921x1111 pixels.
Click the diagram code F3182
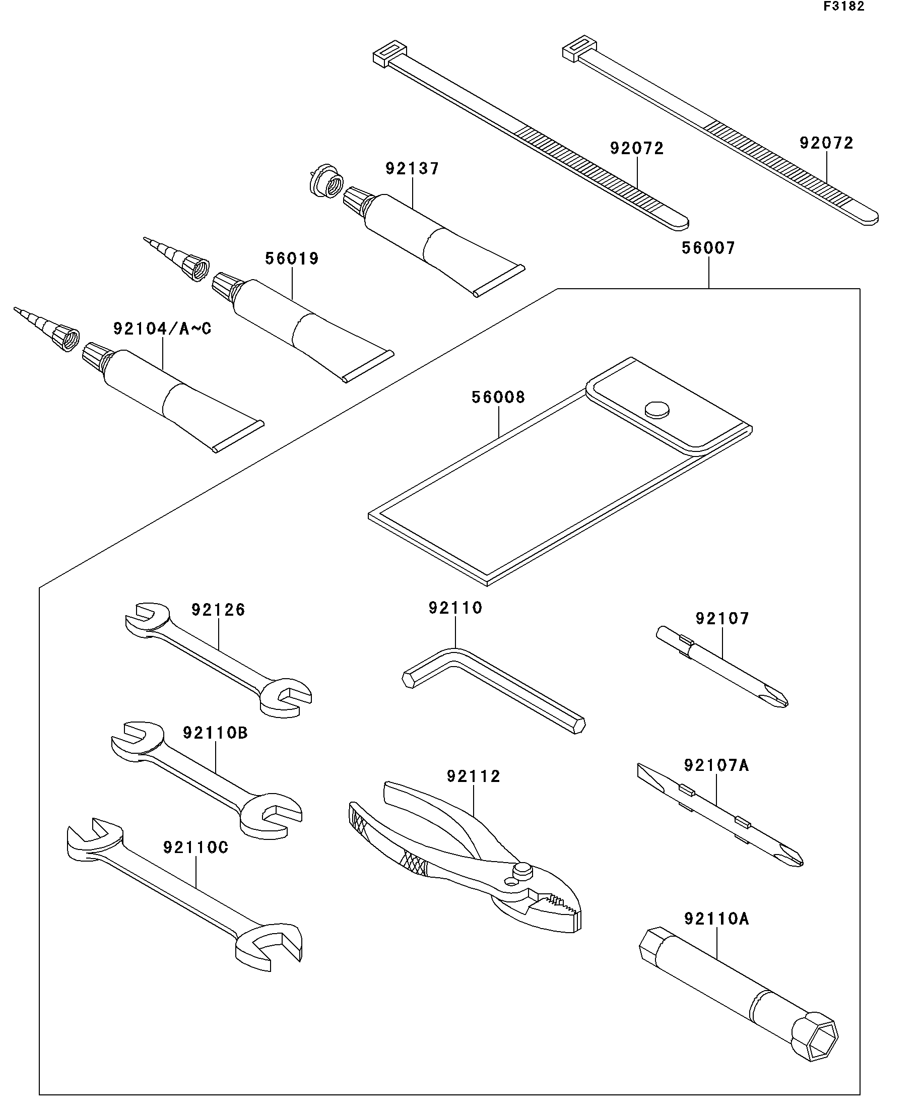[843, 7]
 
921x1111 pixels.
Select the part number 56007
[708, 248]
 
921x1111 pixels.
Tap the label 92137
[412, 169]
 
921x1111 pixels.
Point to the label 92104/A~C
[162, 329]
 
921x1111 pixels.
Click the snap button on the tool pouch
[657, 410]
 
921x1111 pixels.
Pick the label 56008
[498, 398]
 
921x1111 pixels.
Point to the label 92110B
[215, 733]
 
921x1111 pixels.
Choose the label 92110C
[195, 847]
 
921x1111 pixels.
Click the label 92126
[218, 610]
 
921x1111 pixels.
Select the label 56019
[292, 258]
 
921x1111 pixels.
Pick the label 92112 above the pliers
[473, 776]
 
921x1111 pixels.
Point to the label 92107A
[716, 765]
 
